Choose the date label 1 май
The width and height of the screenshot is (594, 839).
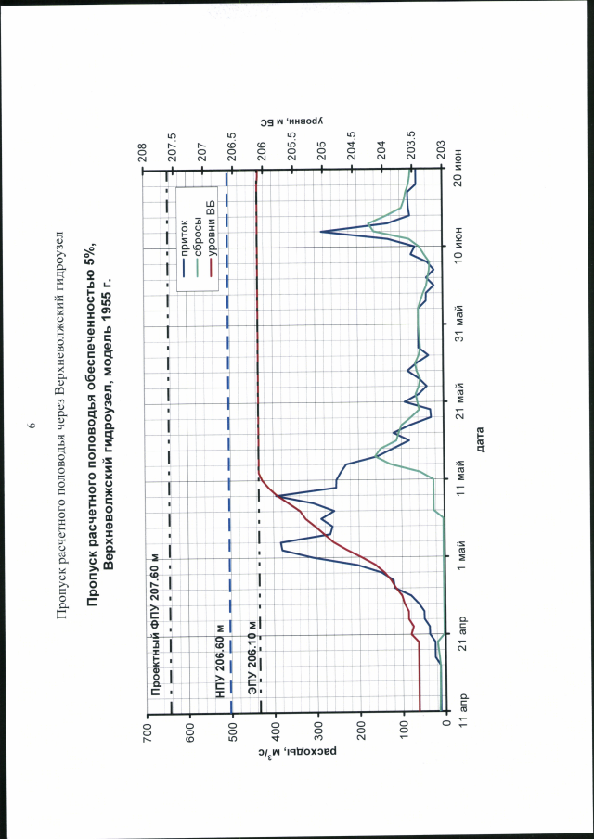coord(459,554)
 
